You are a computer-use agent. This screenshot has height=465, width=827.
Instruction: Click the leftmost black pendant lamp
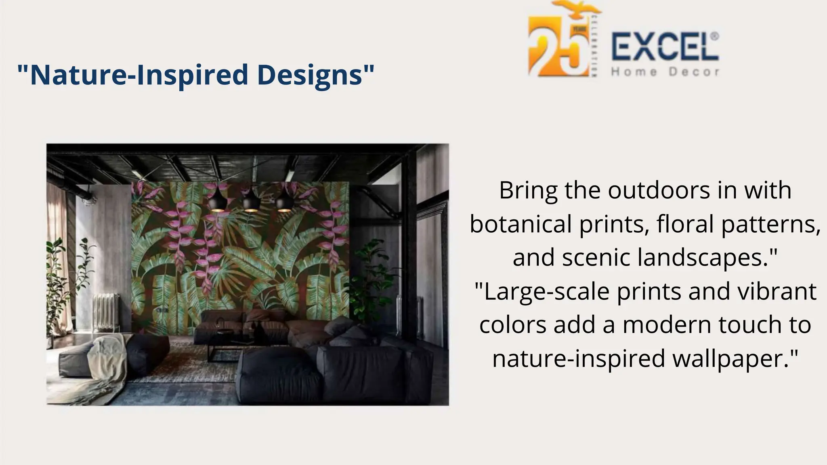[x=218, y=201]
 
